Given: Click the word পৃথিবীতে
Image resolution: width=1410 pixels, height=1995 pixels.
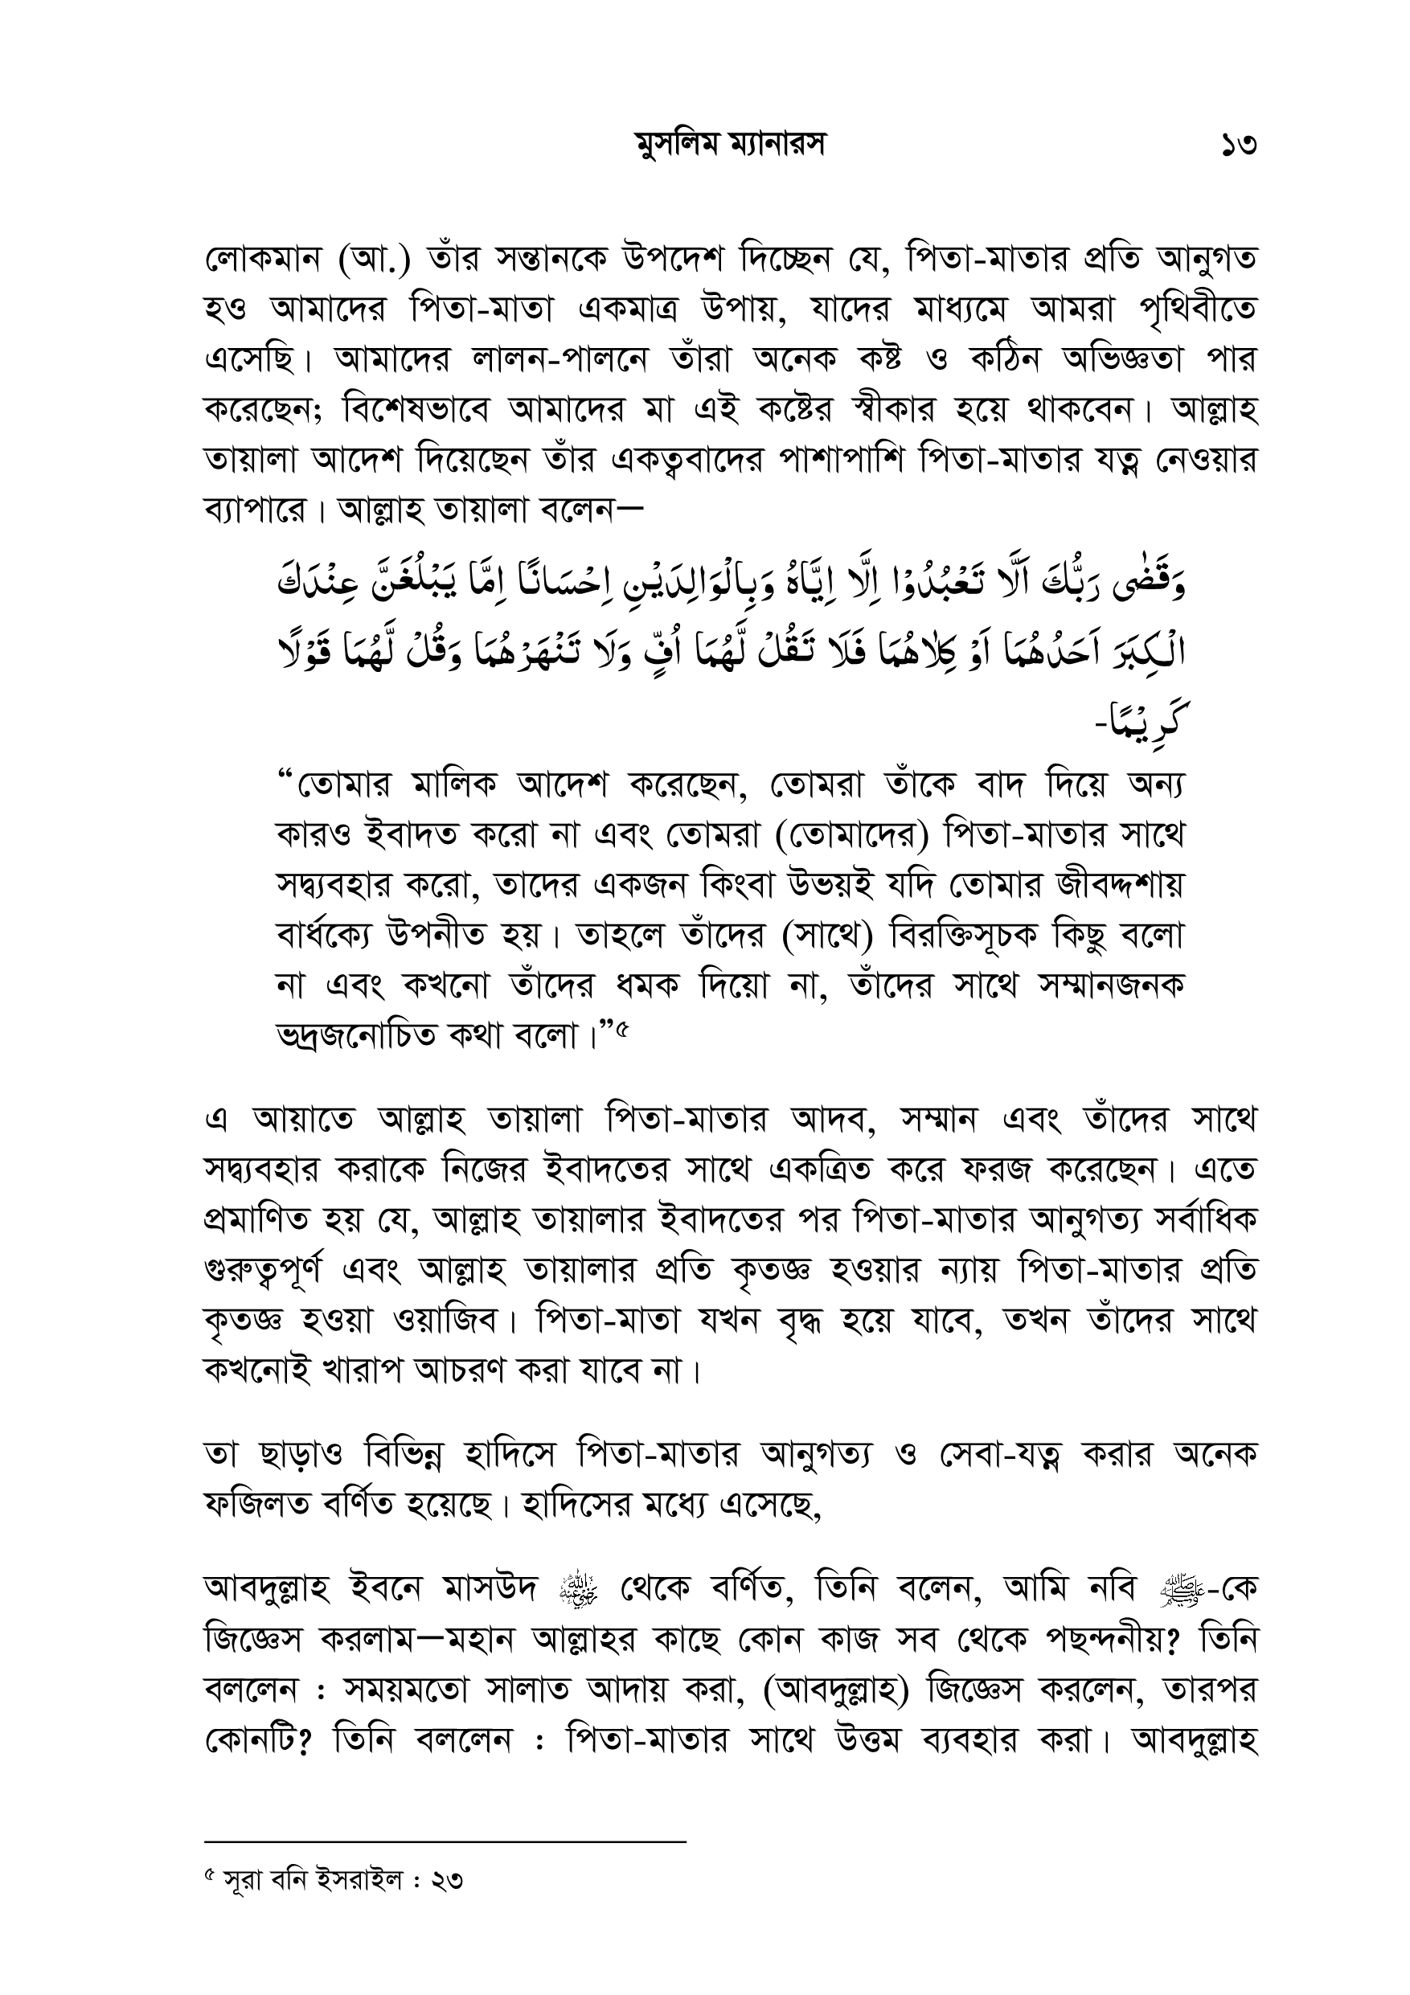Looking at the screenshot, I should click(1197, 310).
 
